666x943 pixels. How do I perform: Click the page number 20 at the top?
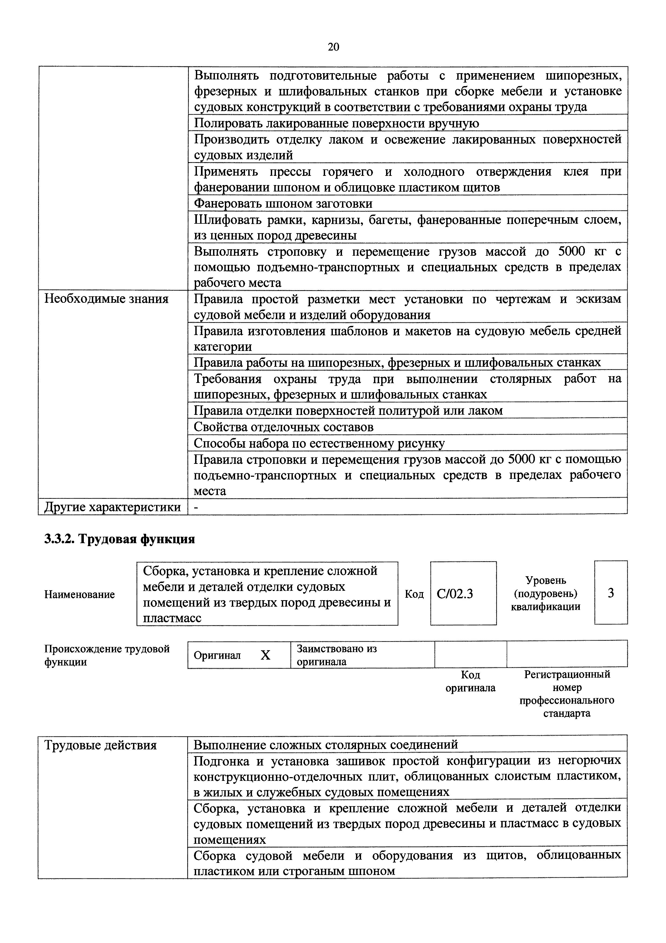333,47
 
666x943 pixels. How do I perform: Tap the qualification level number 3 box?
611,593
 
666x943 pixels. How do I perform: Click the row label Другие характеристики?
113,507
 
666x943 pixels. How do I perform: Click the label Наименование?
80,594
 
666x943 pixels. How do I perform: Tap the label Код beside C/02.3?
414,594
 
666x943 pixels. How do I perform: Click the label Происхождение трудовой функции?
107,655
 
